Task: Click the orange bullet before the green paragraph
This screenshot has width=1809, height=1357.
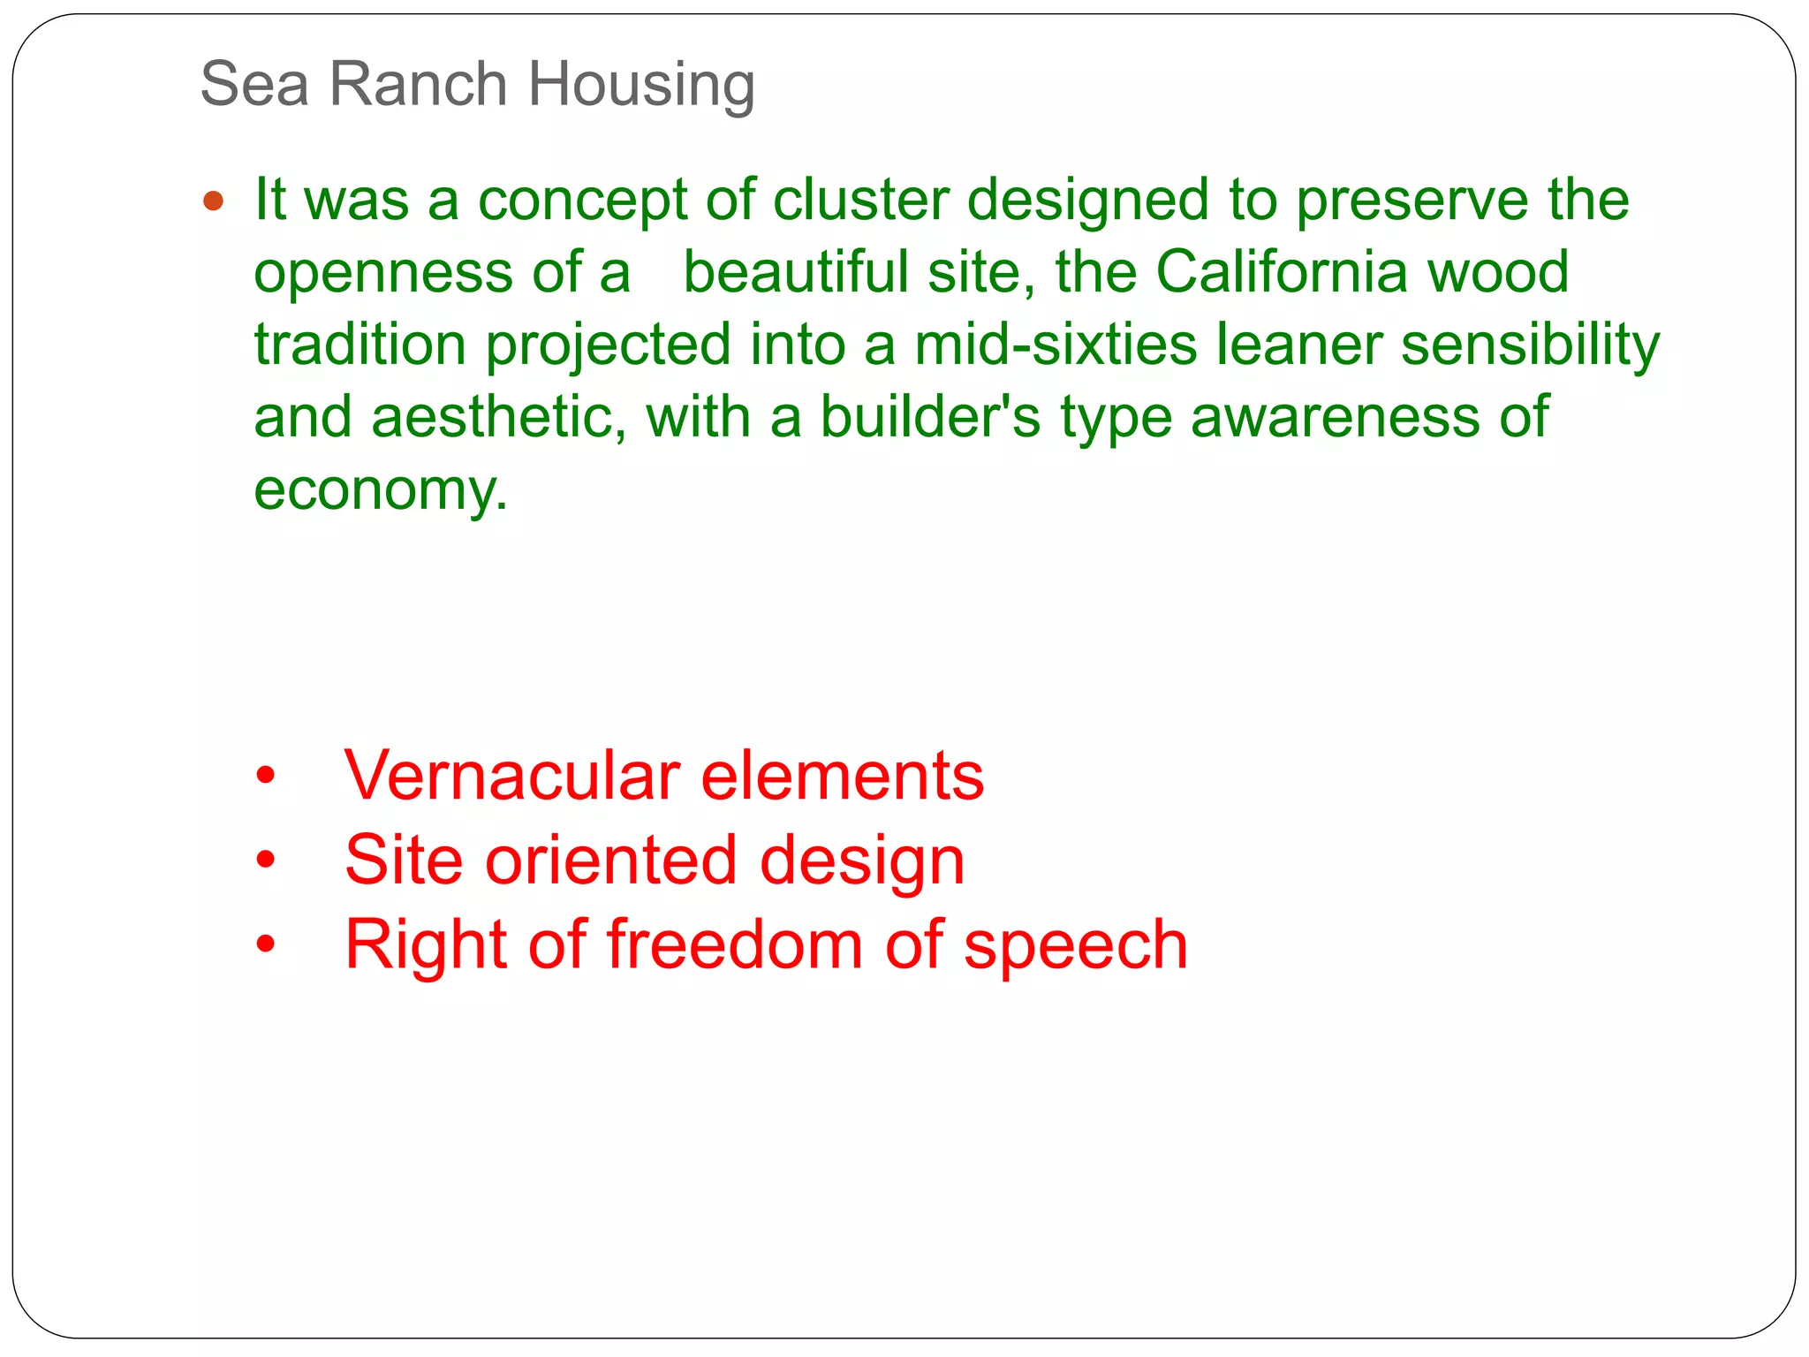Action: tap(213, 201)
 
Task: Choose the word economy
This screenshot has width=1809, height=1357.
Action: tap(381, 490)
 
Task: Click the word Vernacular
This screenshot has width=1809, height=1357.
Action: tap(512, 776)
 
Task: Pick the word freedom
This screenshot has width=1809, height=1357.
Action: tap(735, 944)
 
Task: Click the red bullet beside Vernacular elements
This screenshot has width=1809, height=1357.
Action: tap(266, 777)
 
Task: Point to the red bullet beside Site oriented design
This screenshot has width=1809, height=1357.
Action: tap(266, 860)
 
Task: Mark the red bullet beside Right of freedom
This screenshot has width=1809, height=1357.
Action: tap(266, 944)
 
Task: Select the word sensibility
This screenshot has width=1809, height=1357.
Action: tap(1530, 345)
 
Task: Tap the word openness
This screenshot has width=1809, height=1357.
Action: tap(383, 273)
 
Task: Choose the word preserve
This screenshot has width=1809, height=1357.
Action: tap(1412, 201)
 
